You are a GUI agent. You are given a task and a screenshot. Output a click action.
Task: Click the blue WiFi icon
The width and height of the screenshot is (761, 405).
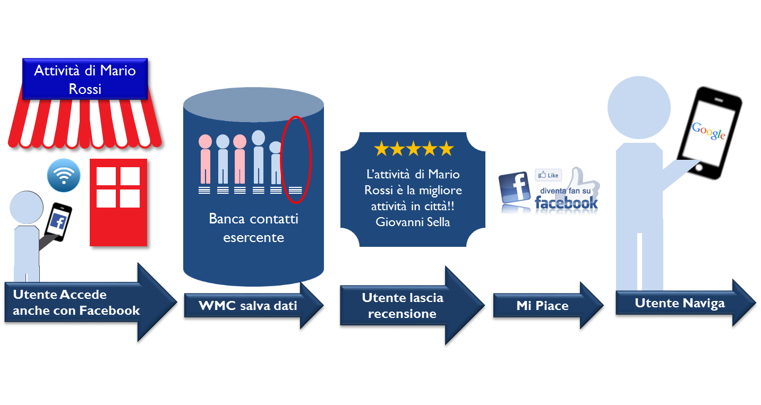(64, 176)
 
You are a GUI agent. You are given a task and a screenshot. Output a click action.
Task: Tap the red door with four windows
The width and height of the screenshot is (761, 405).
(118, 202)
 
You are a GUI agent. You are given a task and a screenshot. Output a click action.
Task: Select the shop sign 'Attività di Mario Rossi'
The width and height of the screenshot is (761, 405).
(85, 79)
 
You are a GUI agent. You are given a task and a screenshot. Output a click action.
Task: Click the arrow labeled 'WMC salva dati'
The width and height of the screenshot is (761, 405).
(250, 306)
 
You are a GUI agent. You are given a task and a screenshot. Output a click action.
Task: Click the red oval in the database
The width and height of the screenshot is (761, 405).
(295, 159)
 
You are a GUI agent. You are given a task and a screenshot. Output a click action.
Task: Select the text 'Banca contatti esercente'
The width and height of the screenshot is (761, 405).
(253, 228)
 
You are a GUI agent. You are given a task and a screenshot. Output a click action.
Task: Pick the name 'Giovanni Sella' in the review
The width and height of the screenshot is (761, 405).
(413, 222)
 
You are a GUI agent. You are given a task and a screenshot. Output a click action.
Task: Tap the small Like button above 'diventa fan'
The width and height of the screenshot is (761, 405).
(549, 175)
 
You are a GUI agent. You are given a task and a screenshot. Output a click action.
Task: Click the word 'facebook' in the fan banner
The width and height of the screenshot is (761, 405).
(566, 203)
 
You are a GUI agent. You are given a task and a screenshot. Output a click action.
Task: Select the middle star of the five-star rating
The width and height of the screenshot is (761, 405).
(413, 149)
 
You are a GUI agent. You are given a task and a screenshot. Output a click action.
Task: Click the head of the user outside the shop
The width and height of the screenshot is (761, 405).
(26, 208)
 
